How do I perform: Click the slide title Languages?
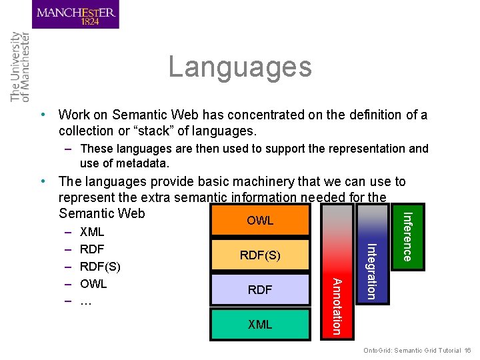click(240, 67)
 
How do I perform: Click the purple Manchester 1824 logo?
click(75, 15)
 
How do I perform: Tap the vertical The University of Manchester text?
click(20, 67)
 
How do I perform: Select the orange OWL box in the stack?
click(260, 221)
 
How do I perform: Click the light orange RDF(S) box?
click(260, 255)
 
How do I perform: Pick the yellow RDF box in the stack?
click(260, 289)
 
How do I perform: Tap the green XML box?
click(260, 325)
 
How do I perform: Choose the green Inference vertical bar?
click(407, 236)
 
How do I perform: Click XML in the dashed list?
click(92, 233)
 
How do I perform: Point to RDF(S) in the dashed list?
click(100, 267)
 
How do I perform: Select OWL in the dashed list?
click(93, 283)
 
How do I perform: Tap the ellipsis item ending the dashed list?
click(85, 301)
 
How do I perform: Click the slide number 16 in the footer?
click(468, 351)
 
